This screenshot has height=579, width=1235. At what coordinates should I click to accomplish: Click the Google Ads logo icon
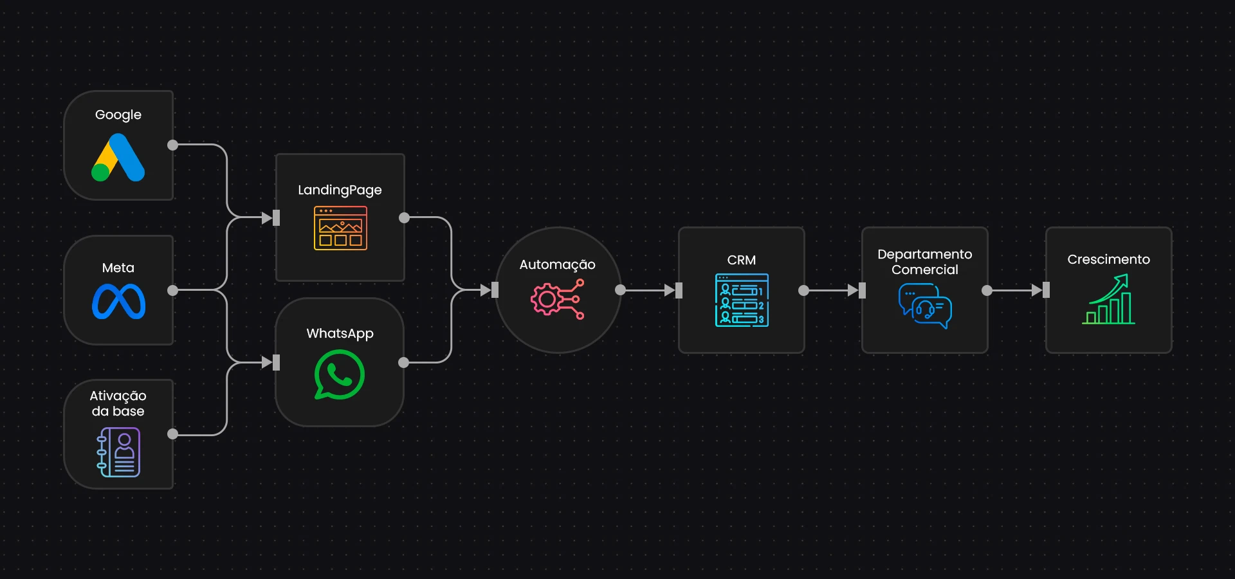tap(118, 158)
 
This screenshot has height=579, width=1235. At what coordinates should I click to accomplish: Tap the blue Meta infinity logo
tap(118, 301)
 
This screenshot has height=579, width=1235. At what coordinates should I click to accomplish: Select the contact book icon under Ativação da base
tap(118, 452)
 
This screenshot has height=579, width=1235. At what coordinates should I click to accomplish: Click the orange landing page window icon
tap(340, 228)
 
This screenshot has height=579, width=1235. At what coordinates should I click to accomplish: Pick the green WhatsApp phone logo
tap(340, 374)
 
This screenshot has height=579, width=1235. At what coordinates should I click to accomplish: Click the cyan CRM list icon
tap(742, 300)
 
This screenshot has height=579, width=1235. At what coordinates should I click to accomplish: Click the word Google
tap(118, 115)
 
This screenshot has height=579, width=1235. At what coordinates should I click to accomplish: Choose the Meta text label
tap(118, 268)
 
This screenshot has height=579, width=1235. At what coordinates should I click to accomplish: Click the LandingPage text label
tap(340, 190)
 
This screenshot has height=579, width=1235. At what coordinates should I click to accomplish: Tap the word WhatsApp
tap(340, 333)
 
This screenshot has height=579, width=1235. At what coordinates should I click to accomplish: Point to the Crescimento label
tap(1108, 259)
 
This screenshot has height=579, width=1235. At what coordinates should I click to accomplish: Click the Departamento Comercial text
tap(924, 262)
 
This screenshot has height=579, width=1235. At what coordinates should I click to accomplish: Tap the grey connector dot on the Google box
tap(172, 145)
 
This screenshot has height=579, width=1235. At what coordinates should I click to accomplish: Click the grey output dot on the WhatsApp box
tap(404, 362)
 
